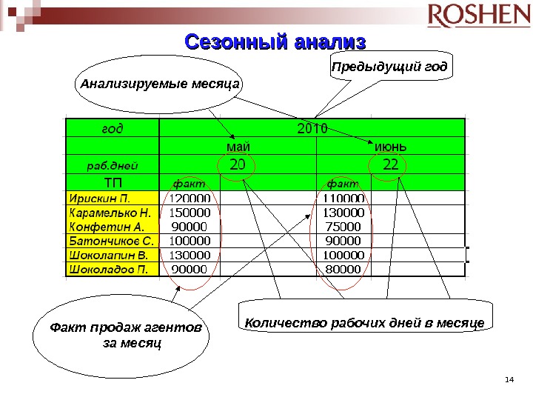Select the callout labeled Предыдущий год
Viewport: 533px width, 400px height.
pyautogui.click(x=389, y=68)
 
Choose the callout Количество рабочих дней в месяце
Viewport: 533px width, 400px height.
pyautogui.click(x=363, y=323)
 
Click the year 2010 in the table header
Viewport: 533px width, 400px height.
pyautogui.click(x=312, y=127)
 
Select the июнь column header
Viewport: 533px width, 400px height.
pyautogui.click(x=391, y=146)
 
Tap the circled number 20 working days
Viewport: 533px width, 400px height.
pyautogui.click(x=238, y=164)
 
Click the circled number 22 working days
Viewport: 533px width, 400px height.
pyautogui.click(x=390, y=164)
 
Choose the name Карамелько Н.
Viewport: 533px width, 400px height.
pyautogui.click(x=109, y=213)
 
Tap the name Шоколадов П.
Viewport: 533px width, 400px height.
pyautogui.click(x=109, y=268)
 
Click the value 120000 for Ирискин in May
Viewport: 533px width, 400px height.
pyautogui.click(x=190, y=199)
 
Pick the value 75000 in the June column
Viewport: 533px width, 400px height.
pyautogui.click(x=343, y=227)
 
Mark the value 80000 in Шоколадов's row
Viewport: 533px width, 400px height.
pyautogui.click(x=343, y=268)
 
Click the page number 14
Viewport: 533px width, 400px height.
pyautogui.click(x=508, y=381)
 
